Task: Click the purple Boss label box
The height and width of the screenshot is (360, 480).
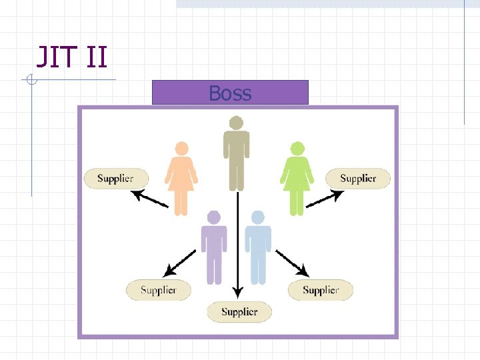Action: tap(230, 93)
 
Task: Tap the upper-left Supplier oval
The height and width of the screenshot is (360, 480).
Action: tap(115, 178)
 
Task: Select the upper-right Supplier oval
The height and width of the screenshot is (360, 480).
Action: tap(358, 178)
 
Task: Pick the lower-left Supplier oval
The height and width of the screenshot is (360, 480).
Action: tap(159, 290)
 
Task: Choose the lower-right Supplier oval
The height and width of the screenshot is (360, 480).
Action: tap(321, 290)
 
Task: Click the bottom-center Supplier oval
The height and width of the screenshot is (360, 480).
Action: tap(239, 311)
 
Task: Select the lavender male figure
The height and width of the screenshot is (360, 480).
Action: tap(213, 250)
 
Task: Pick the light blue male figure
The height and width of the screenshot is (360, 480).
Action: tap(258, 250)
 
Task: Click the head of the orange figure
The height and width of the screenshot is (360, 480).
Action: tap(181, 149)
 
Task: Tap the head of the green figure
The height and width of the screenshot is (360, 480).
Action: tap(297, 149)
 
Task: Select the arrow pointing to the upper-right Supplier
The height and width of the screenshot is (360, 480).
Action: tap(326, 199)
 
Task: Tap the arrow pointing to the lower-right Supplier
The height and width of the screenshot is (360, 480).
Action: tap(293, 263)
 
